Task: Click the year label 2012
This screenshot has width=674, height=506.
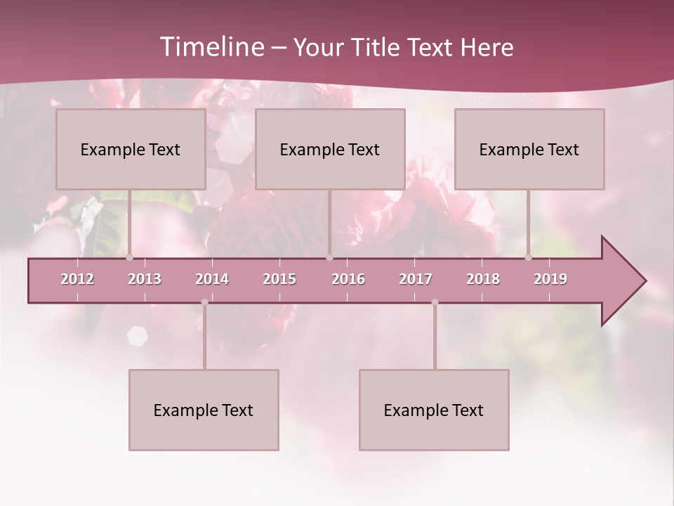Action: (77, 279)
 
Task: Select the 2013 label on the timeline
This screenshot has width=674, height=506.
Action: (145, 279)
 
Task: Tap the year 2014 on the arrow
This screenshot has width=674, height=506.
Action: (212, 279)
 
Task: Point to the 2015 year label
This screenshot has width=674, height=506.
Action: (279, 279)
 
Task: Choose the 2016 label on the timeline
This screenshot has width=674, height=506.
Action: (348, 279)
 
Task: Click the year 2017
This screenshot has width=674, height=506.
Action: (416, 279)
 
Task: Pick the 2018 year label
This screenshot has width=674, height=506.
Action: (483, 279)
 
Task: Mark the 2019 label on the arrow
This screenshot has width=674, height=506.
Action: (550, 279)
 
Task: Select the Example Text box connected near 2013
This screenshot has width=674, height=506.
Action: (131, 150)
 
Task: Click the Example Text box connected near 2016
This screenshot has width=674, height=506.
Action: (330, 150)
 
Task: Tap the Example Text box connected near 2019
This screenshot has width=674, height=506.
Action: (529, 150)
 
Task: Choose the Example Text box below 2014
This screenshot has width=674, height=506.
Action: (204, 410)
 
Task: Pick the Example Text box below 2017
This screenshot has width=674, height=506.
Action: (434, 410)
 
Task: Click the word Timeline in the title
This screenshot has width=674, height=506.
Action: (211, 47)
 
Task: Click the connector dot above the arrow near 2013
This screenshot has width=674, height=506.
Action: (129, 257)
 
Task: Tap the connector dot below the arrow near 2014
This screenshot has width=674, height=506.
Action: (204, 302)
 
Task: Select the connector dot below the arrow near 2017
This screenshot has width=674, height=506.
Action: (435, 302)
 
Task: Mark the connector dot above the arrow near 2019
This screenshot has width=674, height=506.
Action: (528, 257)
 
